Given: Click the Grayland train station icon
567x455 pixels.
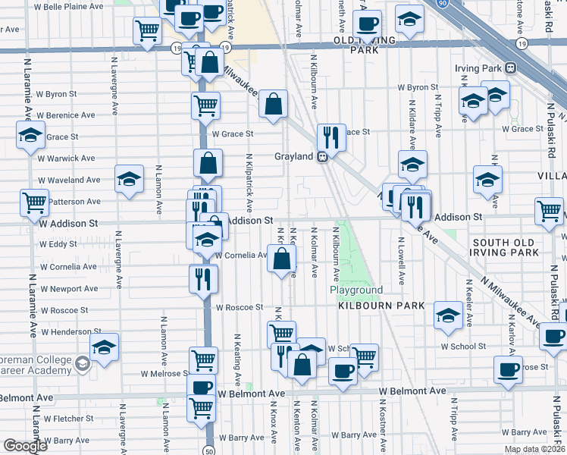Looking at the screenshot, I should point(322,157).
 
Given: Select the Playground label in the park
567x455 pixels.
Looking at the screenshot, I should point(356,290).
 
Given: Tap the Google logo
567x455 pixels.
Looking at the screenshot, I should point(24,446).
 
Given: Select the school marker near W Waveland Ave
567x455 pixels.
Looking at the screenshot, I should point(129,179).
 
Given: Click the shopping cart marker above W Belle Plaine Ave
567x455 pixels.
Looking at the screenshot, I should point(147,30).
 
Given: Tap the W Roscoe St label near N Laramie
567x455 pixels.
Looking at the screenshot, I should point(64,311).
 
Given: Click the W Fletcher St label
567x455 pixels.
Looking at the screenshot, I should point(68,418).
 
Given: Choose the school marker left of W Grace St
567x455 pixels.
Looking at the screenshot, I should point(30,136).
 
